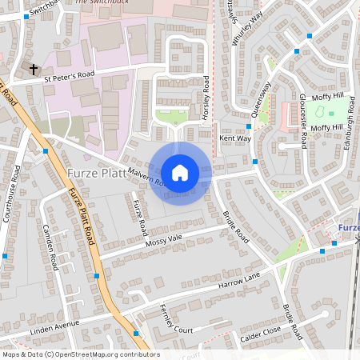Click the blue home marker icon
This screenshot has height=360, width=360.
tap(180, 173)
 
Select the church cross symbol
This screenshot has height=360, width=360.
tap(34, 70)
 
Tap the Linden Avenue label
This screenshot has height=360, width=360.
tap(55, 324)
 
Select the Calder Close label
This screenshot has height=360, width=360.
tap(260, 334)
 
